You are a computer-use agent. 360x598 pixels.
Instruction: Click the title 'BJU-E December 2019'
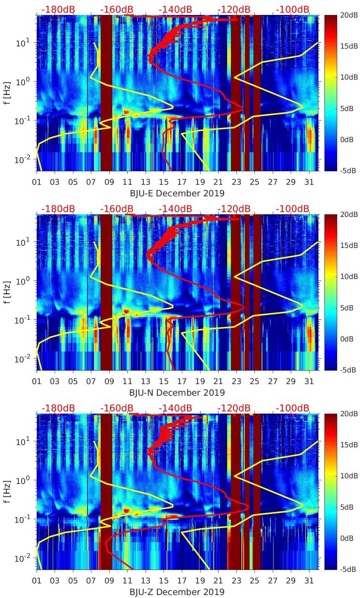tap(177, 193)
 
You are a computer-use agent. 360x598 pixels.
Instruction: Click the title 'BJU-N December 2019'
tap(177, 393)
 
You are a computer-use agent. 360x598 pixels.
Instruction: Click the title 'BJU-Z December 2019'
tap(177, 592)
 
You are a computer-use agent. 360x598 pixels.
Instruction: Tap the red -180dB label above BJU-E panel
tap(58, 10)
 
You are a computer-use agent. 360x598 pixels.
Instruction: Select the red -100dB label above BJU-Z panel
tap(293, 408)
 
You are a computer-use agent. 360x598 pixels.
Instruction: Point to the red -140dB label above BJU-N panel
tap(175, 209)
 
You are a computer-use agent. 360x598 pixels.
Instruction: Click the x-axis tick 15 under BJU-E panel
tap(164, 182)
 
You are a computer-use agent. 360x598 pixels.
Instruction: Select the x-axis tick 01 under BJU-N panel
tap(37, 381)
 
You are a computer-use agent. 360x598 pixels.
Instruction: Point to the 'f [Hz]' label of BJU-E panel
tap(7, 93)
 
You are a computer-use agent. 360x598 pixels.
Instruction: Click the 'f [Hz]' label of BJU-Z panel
tap(7, 491)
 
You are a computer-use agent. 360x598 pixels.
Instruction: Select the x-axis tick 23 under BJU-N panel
tap(236, 381)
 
